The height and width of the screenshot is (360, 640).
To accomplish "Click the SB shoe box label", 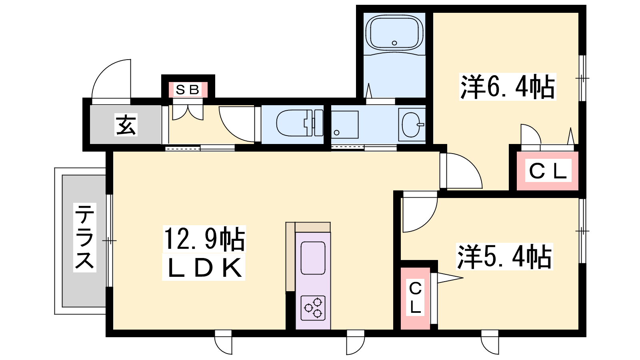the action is coord(188,90).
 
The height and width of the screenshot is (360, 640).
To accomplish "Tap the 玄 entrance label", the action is coord(126,124).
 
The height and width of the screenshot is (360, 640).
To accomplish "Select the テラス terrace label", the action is coord(84,237).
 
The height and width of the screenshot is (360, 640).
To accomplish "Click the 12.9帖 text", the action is coord(204,239).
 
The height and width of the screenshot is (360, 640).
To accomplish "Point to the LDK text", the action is coord(204,268).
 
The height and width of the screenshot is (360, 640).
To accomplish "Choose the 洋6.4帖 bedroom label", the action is coord(508,87).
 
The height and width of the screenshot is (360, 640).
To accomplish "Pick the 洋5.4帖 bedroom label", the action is coord(504,256).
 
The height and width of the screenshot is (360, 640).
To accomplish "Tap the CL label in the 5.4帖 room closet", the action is coord(415,298).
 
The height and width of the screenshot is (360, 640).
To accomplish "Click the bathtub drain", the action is coord(394,43).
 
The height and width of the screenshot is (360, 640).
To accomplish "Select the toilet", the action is coord(300,123).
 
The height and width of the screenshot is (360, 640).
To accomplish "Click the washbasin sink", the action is coord(412,125).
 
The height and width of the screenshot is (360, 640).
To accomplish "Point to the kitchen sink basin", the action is coord(313,258).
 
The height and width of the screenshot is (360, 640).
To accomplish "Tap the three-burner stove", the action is coord(313,308).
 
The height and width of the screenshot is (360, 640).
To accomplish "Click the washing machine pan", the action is coord(345,125).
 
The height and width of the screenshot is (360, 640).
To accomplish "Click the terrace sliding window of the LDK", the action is coord(109,240).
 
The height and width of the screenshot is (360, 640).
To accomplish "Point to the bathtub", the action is coord(394,32).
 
